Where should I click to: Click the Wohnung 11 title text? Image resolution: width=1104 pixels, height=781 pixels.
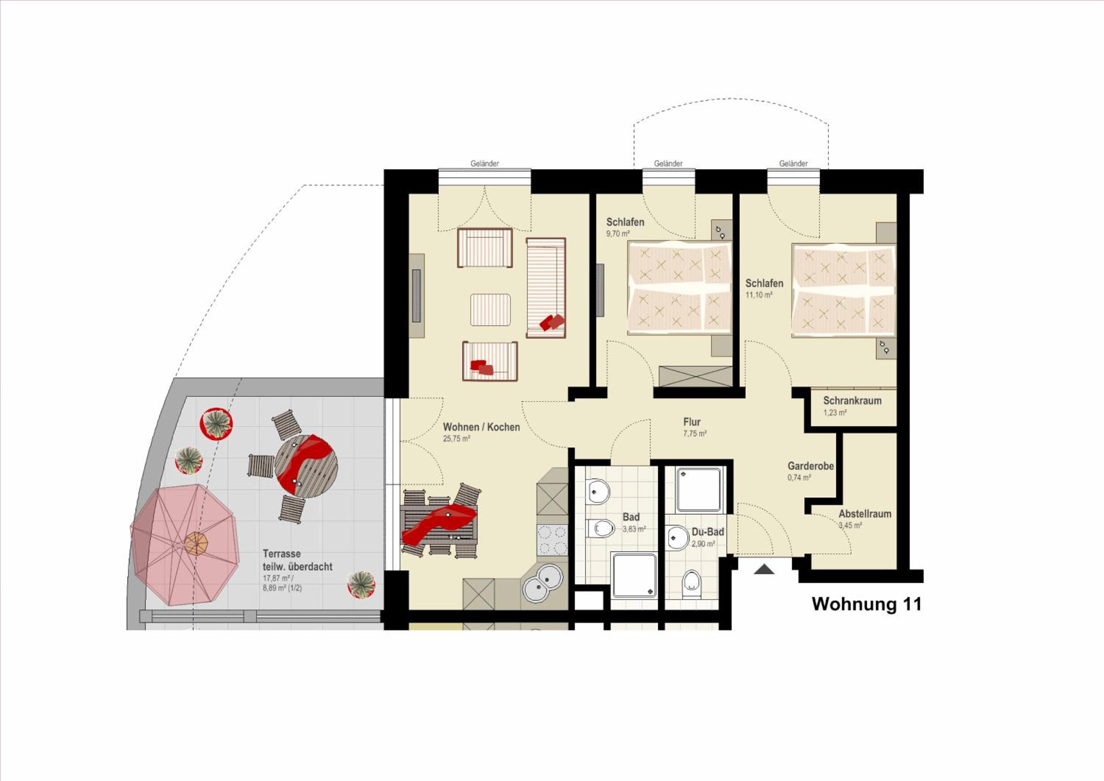pos(867,604)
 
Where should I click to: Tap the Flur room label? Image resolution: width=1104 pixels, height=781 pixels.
pos(692,422)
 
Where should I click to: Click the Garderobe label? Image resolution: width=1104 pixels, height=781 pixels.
pos(811,466)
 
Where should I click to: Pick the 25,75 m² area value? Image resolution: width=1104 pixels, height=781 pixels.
pos(456,439)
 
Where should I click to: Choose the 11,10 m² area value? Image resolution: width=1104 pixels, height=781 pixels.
pos(759,295)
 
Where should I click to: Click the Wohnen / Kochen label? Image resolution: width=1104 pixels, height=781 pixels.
pos(481,427)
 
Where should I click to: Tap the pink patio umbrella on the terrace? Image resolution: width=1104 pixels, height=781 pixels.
pos(185,544)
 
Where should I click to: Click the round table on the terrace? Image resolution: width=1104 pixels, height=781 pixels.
pos(306,466)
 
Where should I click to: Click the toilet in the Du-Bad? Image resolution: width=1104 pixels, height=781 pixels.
pos(692,584)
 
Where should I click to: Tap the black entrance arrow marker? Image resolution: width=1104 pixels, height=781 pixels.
pos(764,569)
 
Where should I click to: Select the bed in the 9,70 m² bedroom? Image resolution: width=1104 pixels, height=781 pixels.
pos(679,287)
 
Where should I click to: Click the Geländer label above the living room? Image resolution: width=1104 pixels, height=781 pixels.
pos(485,163)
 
